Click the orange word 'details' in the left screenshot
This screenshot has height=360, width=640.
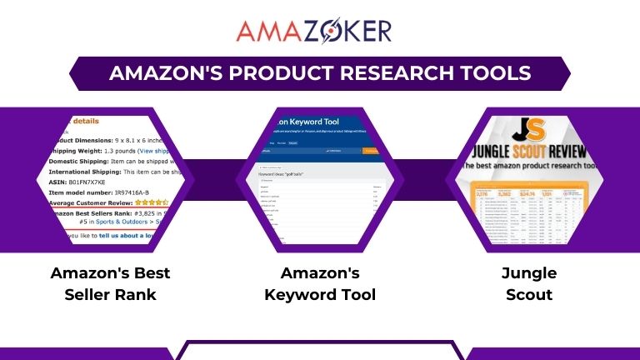pos(87,121)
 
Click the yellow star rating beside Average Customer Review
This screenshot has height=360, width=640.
pos(153,202)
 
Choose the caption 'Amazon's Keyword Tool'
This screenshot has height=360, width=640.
pos(320,283)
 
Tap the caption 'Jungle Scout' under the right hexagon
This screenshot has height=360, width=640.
pos(528,283)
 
